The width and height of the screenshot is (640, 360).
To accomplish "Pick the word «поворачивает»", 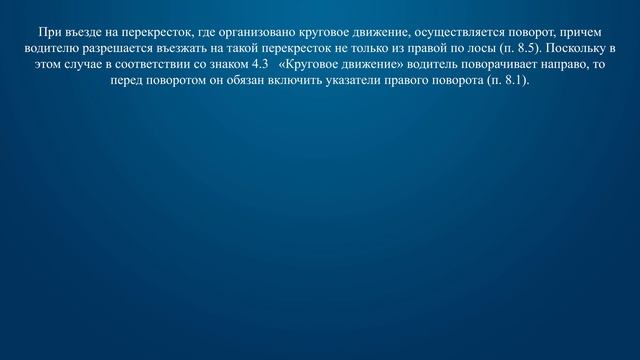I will click(470, 65).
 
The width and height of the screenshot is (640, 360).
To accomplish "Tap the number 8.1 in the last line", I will click(510, 81).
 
